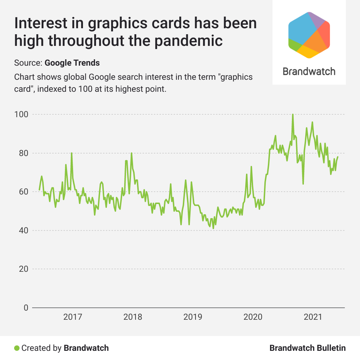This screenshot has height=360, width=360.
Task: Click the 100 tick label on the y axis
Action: pyautogui.click(x=21, y=115)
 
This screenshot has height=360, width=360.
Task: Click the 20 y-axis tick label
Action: pyautogui.click(x=22, y=269)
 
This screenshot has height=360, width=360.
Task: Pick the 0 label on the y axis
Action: pyautogui.click(x=26, y=308)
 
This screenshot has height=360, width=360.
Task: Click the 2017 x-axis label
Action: pyautogui.click(x=73, y=317)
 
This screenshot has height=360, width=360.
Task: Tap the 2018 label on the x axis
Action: pyautogui.click(x=133, y=317)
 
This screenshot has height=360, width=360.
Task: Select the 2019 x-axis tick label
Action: pyautogui.click(x=193, y=317)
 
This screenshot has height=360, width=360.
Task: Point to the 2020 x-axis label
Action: pyautogui.click(x=253, y=317)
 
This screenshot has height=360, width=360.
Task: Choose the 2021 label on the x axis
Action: pyautogui.click(x=313, y=317)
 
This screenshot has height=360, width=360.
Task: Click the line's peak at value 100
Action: pyautogui.click(x=293, y=115)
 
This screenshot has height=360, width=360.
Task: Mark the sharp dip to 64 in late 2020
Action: pyautogui.click(x=303, y=184)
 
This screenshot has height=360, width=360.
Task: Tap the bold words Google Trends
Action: pyautogui.click(x=72, y=63)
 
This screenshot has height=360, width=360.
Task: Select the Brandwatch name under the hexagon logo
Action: pyautogui.click(x=309, y=72)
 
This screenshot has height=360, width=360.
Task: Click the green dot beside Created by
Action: pyautogui.click(x=17, y=348)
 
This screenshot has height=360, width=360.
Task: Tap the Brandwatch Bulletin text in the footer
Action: pyautogui.click(x=307, y=348)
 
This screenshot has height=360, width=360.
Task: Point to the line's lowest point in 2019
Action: pyautogui.click(x=213, y=228)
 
